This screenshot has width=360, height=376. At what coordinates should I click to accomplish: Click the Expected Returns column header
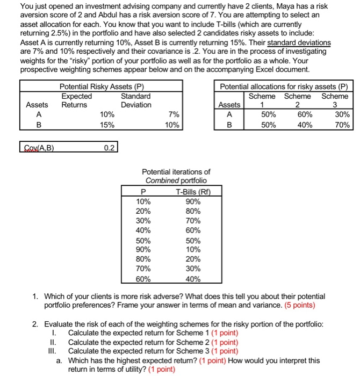(x=76, y=100)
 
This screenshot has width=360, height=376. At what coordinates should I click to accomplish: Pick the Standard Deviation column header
(x=136, y=100)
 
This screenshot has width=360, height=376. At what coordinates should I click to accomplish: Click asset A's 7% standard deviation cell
(x=172, y=114)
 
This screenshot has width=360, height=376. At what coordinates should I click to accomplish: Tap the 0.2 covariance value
(x=109, y=147)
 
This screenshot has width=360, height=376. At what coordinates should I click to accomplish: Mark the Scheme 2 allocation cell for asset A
(x=304, y=114)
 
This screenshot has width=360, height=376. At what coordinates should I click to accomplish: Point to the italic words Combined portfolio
(x=176, y=181)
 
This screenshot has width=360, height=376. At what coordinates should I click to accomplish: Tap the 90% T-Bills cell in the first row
(x=192, y=201)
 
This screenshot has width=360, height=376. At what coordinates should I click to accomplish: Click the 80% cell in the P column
(x=143, y=258)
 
